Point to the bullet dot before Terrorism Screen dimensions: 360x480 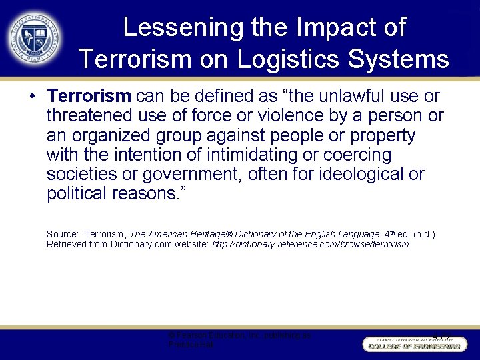pyautogui.click(x=33, y=97)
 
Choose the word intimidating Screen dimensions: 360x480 pyautogui.click(x=241, y=155)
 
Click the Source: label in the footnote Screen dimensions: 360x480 pyautogui.click(x=61, y=234)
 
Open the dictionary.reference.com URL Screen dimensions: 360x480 pyautogui.click(x=311, y=244)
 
